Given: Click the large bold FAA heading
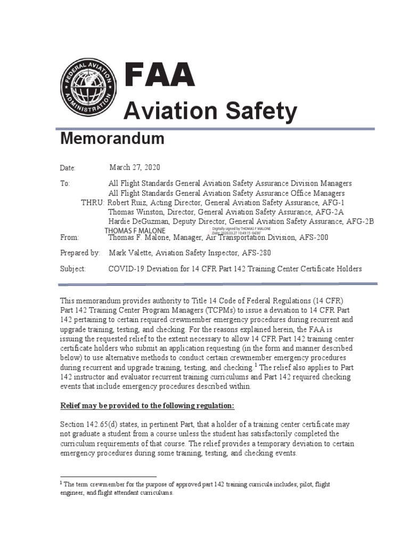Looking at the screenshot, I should [x=159, y=75].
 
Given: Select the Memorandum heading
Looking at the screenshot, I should [x=112, y=139].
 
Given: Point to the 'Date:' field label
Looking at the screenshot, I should [x=68, y=168].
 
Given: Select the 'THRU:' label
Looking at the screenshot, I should [x=93, y=203].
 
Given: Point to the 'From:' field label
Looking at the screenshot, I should [x=69, y=238].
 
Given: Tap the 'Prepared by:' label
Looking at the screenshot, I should [x=79, y=253].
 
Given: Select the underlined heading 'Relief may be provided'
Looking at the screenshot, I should [x=146, y=406].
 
